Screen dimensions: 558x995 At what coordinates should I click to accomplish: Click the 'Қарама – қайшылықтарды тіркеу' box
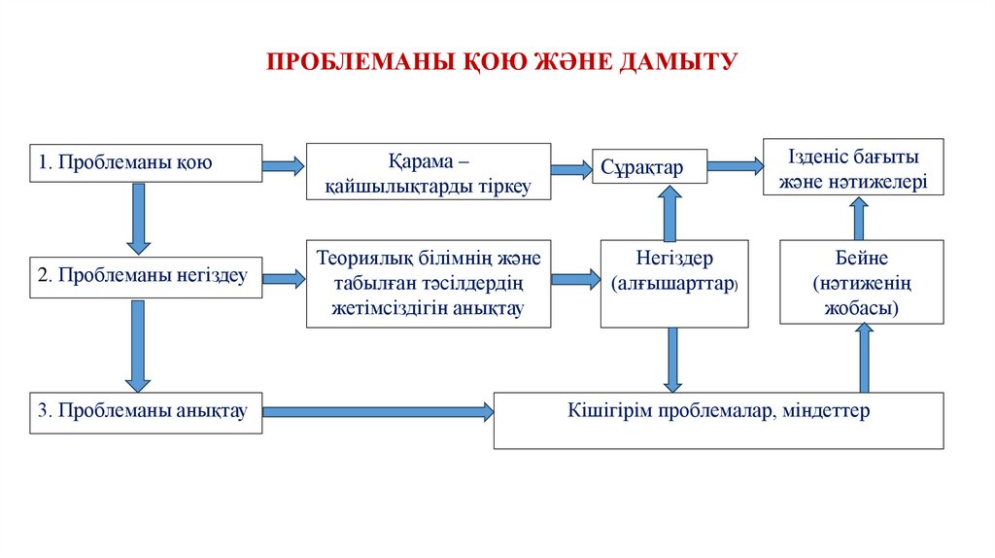pos(429,172)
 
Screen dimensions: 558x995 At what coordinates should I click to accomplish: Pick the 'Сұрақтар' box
pos(649,168)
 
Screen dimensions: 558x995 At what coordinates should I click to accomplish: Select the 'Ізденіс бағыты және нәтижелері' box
pos(852,167)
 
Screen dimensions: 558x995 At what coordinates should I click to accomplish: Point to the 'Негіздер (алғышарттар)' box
pos(674,283)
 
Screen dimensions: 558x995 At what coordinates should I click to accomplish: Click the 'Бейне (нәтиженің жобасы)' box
pos(861,282)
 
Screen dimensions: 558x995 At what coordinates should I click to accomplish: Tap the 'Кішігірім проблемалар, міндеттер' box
pos(718,420)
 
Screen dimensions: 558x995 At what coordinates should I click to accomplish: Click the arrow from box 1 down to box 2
pos(138,218)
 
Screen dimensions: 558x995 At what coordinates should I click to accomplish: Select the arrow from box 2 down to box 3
pos(138,346)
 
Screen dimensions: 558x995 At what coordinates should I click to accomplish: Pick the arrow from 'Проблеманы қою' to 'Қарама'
pos(284,166)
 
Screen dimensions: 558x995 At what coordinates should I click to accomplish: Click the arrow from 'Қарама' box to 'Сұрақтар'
pos(571,169)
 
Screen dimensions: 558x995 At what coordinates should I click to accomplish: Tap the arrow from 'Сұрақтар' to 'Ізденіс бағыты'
pos(735,166)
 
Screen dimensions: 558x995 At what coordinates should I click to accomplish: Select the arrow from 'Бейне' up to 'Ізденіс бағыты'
pos(859,218)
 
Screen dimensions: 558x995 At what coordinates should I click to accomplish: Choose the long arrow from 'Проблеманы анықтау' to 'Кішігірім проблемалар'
pos(378,412)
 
